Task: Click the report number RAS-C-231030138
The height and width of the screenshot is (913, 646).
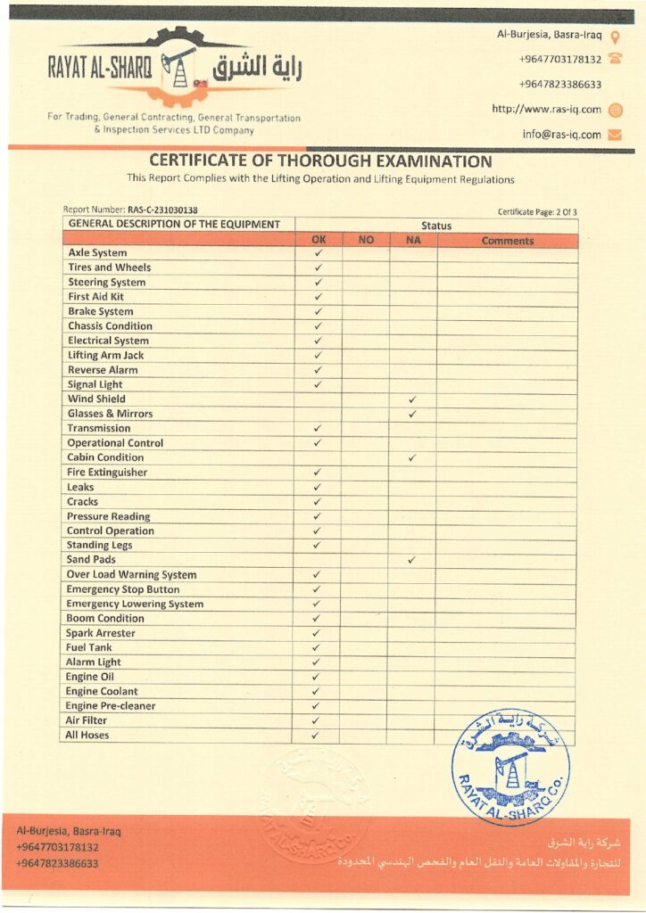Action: tap(161, 210)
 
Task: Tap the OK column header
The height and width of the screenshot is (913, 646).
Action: tap(319, 240)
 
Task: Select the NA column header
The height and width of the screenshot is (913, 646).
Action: tap(412, 240)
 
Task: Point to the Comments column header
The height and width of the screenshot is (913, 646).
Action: tap(507, 241)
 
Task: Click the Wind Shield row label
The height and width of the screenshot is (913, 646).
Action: tap(96, 399)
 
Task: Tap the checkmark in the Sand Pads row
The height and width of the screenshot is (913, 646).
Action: tap(411, 560)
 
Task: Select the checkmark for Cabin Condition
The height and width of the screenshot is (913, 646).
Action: tap(412, 457)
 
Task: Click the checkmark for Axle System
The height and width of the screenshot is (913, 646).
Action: tap(318, 253)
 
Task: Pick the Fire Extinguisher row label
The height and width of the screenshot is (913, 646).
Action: tap(107, 472)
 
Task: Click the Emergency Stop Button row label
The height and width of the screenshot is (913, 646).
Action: tap(122, 589)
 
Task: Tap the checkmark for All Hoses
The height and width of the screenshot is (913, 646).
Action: tap(315, 736)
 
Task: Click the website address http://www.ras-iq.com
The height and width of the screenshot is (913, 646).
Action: tap(546, 110)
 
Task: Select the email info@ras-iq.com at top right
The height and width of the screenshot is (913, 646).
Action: tap(561, 135)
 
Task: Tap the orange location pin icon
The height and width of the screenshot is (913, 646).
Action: tap(614, 37)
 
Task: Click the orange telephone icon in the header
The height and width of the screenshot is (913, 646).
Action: tap(614, 59)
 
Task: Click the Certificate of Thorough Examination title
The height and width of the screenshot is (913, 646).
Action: tap(320, 161)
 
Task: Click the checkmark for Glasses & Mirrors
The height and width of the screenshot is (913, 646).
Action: tap(412, 414)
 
